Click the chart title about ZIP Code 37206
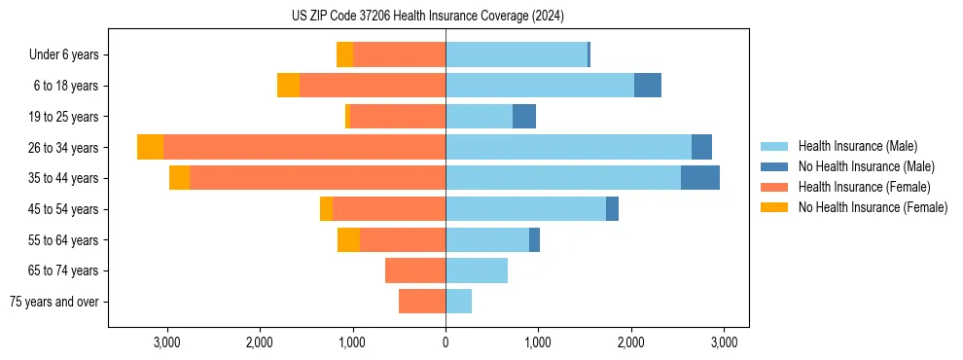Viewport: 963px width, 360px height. (x=427, y=17)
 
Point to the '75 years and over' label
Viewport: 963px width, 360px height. (x=53, y=302)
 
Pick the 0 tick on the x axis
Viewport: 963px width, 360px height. (x=446, y=342)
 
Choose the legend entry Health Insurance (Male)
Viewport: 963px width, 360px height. (x=857, y=146)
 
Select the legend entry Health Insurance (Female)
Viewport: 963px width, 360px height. (x=864, y=187)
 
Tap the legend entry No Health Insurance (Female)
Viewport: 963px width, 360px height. (x=873, y=207)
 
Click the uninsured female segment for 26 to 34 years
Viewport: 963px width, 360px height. (x=150, y=147)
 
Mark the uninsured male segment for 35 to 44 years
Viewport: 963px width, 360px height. (x=700, y=178)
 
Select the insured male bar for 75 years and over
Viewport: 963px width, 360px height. (x=458, y=302)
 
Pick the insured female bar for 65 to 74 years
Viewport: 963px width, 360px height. (x=415, y=270)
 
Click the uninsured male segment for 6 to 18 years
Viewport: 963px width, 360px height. (x=648, y=86)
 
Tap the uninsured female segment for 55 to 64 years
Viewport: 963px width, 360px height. (x=348, y=239)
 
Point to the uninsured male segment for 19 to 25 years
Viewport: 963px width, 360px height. (x=524, y=117)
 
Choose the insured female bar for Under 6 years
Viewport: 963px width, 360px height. (x=399, y=54)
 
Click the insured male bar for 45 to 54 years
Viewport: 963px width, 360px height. (x=525, y=209)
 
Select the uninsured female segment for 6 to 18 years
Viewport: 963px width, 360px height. (x=288, y=86)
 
